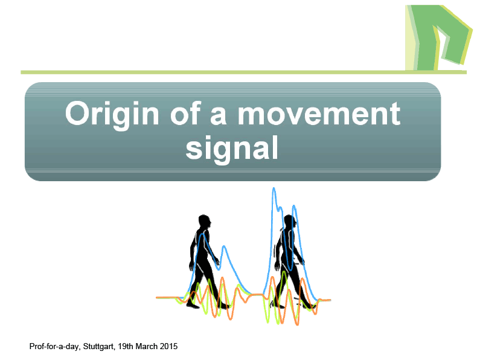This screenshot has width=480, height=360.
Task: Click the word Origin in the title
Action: point(112,115)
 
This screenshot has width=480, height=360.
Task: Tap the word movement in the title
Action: point(319,114)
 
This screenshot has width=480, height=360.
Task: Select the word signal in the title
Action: point(232,149)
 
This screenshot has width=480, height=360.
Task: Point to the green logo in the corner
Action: point(438,37)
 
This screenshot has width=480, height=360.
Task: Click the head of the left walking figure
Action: point(205,221)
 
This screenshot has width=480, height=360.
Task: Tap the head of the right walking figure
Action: point(290,221)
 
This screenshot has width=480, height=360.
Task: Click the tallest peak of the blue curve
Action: point(274,188)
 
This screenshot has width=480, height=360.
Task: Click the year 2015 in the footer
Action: point(168,346)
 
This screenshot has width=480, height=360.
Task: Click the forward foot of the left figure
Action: point(225,306)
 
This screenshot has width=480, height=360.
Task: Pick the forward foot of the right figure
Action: point(309,306)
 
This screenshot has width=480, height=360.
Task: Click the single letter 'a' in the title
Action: point(219,117)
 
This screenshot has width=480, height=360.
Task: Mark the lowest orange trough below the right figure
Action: point(297,323)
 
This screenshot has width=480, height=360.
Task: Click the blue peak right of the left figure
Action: point(225,246)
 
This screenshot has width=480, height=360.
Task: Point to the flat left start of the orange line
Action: point(165,297)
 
